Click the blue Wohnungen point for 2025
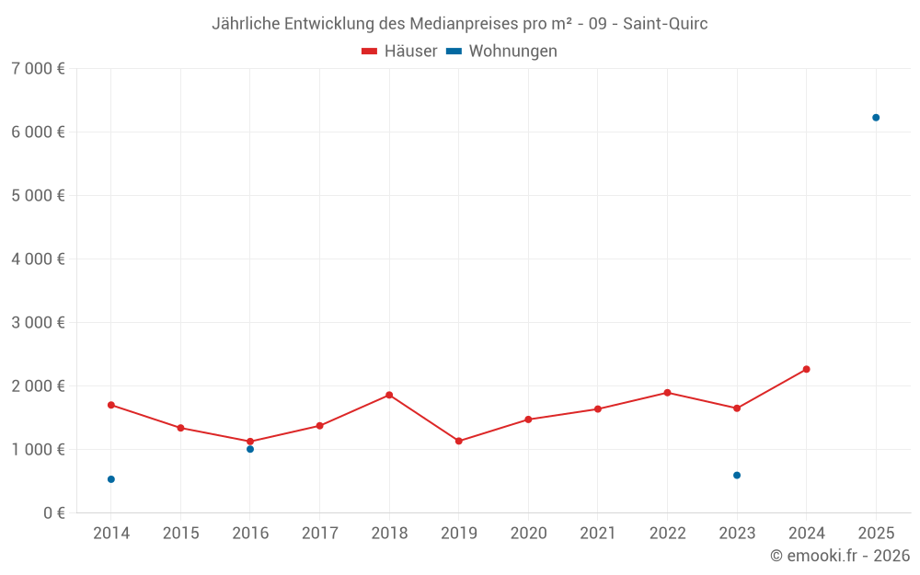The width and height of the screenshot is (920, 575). tap(876, 118)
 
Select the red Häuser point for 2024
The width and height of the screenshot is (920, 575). tap(806, 369)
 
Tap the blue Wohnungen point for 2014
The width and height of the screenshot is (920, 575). tap(111, 479)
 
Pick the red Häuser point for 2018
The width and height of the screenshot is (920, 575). tap(389, 395)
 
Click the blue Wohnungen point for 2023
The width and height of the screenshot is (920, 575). tap(737, 476)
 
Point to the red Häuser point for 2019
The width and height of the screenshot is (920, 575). tap(459, 441)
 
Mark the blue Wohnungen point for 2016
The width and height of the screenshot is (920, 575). tap(250, 449)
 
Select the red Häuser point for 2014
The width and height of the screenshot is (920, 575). tap(111, 405)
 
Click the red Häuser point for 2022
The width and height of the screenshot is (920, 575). tap(667, 393)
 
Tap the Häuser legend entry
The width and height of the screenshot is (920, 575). tap(400, 52)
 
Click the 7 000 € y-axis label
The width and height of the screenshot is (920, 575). tap(38, 69)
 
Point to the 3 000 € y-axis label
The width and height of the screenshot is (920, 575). tap(38, 323)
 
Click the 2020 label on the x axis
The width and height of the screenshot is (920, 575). tap(528, 534)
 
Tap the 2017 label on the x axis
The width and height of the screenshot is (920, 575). tap(319, 534)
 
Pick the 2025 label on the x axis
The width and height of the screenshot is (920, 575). tap(876, 534)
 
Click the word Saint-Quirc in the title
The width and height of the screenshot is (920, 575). tap(665, 24)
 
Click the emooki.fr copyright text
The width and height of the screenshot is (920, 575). tap(840, 556)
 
